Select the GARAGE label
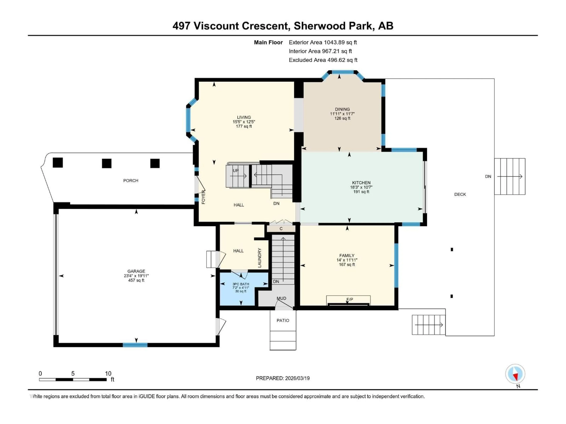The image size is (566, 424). click(x=136, y=271)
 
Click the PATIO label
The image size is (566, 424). click(x=283, y=321)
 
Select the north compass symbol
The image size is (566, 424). click(x=515, y=374)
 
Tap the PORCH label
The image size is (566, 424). click(x=131, y=181)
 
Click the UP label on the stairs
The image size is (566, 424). click(x=235, y=170)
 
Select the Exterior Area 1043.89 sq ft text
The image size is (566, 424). click(x=323, y=42)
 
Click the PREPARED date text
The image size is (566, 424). click(x=283, y=378)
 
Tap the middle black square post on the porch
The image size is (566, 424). click(x=107, y=163)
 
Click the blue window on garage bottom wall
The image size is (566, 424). click(x=135, y=345)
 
